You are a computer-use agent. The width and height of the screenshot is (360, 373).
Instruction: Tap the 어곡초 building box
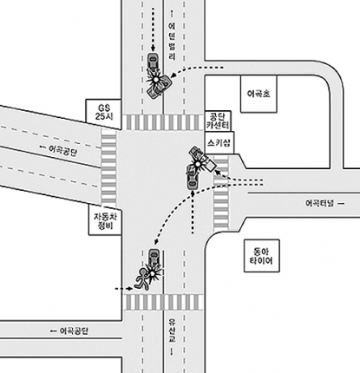click(259, 94)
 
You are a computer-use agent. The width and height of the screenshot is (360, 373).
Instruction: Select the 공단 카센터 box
click(218, 121)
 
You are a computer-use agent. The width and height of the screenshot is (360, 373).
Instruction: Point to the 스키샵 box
click(219, 142)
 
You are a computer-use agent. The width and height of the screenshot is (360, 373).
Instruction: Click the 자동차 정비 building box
click(105, 220)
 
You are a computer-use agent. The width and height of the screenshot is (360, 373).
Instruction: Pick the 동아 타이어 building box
click(262, 256)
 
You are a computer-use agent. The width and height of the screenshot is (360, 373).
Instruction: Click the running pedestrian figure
click(142, 279)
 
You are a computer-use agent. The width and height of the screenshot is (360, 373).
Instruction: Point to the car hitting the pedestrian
click(154, 258)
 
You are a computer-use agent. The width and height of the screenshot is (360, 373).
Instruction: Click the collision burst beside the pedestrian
click(154, 273)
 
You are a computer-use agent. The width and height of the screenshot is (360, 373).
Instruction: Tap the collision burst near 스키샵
click(198, 164)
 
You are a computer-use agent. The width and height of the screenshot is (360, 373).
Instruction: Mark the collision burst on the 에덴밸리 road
click(156, 79)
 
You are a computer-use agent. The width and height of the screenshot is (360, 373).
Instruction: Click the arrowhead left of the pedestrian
click(129, 288)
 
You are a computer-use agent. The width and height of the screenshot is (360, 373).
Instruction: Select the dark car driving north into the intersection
click(192, 178)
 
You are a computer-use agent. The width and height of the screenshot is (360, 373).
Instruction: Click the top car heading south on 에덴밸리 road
click(153, 62)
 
